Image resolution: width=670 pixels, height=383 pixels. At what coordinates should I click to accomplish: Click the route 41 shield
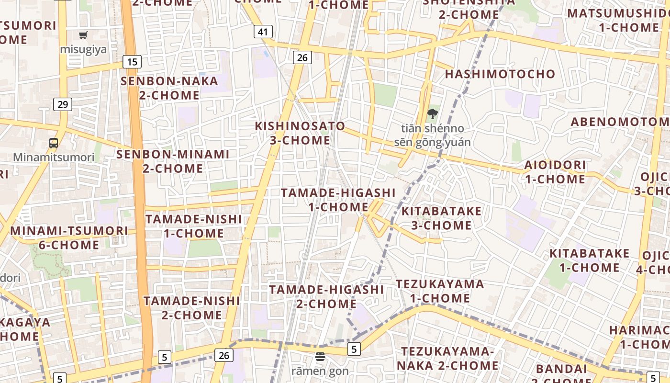tap(263, 32)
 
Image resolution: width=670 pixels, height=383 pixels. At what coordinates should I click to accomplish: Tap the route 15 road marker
tap(132, 61)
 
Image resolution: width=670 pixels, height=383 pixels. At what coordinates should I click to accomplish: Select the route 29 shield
tap(63, 104)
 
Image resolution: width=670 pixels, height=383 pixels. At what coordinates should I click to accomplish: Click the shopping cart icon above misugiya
tap(83, 35)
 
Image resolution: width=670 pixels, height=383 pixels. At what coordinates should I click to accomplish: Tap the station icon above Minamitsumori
tap(54, 143)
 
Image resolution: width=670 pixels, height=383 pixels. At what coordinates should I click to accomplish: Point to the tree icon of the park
tap(432, 114)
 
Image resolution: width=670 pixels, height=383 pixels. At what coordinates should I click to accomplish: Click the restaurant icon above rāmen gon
tap(320, 357)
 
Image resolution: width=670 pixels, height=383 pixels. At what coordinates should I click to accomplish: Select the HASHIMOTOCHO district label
tap(500, 74)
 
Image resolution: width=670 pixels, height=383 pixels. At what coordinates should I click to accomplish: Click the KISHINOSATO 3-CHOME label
tap(300, 133)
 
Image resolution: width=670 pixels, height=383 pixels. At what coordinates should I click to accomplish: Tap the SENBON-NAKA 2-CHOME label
tap(169, 88)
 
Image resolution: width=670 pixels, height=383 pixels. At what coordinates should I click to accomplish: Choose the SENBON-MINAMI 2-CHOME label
tap(173, 161)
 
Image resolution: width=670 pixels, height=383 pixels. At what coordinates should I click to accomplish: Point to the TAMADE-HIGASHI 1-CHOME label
tap(338, 200)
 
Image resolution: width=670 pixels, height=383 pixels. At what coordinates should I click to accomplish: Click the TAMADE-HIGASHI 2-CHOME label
tap(326, 296)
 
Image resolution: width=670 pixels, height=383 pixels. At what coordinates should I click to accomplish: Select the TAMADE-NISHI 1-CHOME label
tap(194, 226)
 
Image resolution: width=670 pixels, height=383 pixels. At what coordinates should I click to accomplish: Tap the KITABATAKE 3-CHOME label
tap(441, 218)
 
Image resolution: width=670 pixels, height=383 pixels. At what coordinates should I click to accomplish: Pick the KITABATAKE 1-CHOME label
tap(589, 260)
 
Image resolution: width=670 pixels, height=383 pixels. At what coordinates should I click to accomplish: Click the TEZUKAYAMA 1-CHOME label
tap(440, 291)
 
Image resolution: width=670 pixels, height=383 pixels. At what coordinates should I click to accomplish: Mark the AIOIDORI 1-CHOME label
tap(555, 172)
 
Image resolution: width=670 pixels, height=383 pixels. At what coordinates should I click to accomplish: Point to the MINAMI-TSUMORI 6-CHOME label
tap(69, 237)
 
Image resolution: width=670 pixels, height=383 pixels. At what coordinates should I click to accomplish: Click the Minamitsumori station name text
tap(54, 157)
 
